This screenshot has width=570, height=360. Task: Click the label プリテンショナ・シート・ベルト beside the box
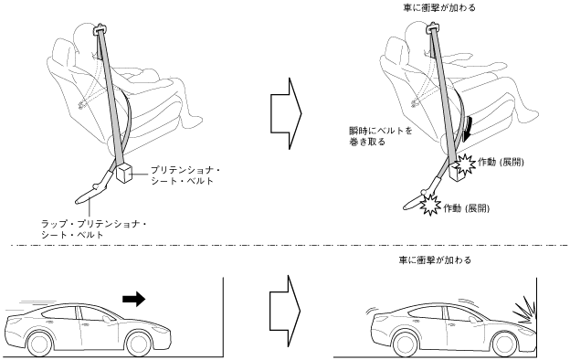click(x=185, y=175)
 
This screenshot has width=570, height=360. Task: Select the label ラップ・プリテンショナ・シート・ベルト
click(x=94, y=229)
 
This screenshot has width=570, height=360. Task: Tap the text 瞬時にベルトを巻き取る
click(x=381, y=136)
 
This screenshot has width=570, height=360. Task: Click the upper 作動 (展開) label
click(x=501, y=162)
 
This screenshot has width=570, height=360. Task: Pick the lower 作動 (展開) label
click(x=467, y=208)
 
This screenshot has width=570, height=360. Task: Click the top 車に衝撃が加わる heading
click(x=439, y=7)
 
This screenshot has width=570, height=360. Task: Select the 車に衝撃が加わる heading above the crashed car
click(x=435, y=260)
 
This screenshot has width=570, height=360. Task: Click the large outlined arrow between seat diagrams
click(x=286, y=113)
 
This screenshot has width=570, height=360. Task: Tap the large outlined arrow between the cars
click(x=285, y=311)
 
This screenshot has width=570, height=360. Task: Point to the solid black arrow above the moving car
click(x=133, y=299)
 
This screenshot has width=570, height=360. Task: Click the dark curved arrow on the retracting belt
click(x=469, y=130)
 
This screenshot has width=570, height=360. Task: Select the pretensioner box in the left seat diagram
click(x=124, y=173)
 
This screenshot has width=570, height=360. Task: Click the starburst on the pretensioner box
click(x=465, y=164)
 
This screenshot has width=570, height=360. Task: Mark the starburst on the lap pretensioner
click(x=431, y=205)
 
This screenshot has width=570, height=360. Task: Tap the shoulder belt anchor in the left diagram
click(x=100, y=28)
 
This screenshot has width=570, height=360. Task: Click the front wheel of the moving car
click(x=138, y=343)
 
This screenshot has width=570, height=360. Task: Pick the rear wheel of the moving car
click(x=40, y=343)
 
